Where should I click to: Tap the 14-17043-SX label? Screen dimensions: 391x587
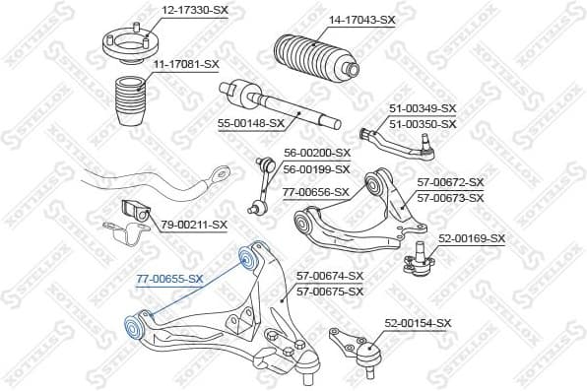361,19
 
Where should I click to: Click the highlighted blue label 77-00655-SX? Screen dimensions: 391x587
169,279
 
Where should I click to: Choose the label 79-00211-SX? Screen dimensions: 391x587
194,225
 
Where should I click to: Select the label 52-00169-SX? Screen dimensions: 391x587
471,238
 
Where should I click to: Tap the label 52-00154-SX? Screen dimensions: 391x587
418,323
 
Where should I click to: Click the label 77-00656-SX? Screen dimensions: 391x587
316,192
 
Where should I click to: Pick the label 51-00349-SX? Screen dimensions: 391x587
423,108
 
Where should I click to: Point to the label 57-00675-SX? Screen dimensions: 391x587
330,292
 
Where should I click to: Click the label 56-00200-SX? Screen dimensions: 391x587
317,153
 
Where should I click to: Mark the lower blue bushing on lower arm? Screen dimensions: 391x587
129,326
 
